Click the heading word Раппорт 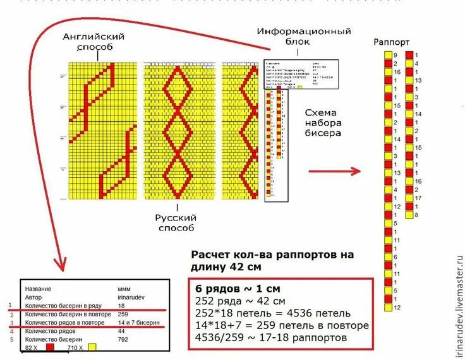(392, 42)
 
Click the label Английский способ (94, 42)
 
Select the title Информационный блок (303, 36)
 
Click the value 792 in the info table (124, 339)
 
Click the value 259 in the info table (124, 314)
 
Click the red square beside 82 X (49, 347)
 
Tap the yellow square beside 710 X (92, 347)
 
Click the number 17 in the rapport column (418, 198)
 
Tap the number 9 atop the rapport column (396, 56)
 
